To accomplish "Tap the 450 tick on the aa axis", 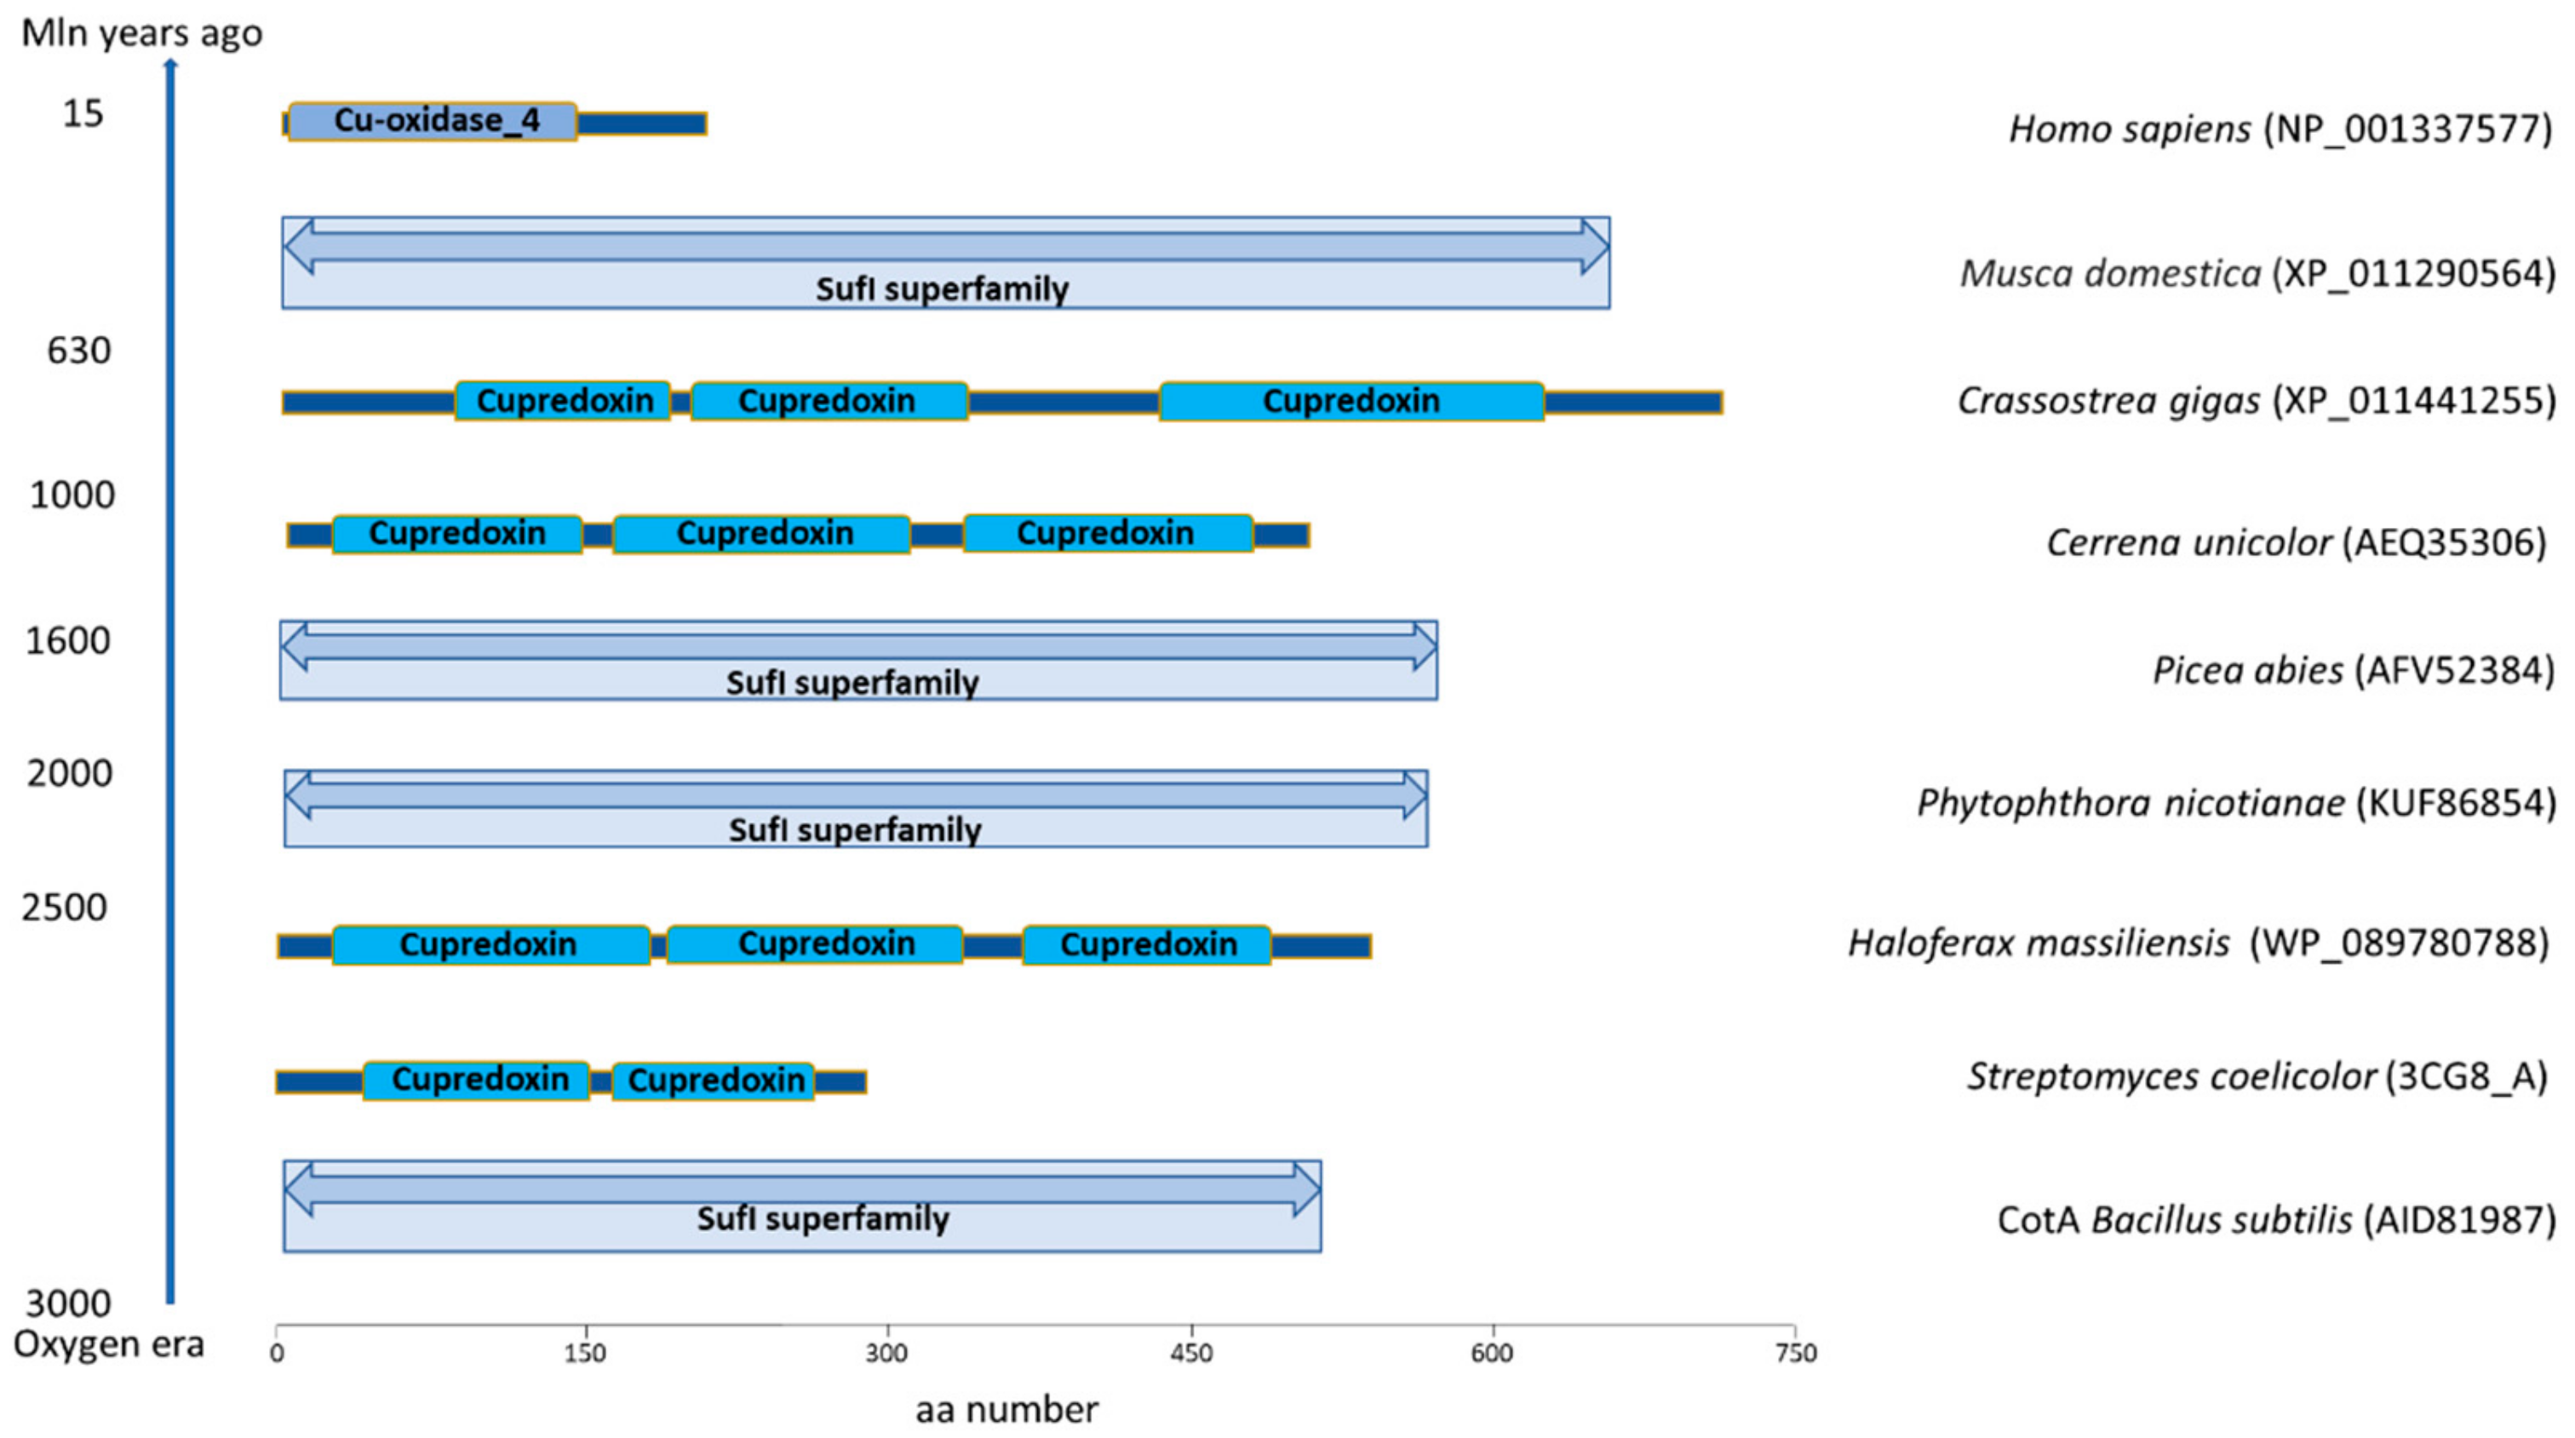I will tap(1191, 1353).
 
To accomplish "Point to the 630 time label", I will tap(79, 351).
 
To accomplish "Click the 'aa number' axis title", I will tap(1006, 1410).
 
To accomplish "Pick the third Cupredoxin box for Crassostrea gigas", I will tap(1351, 401).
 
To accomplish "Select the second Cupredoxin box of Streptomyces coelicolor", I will tap(714, 1080).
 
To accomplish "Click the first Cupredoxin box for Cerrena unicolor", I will tap(456, 534).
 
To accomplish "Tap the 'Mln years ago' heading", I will tap(141, 33).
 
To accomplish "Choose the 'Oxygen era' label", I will tap(108, 1344).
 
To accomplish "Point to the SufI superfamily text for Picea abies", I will tap(852, 683).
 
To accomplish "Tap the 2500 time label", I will tap(65, 908).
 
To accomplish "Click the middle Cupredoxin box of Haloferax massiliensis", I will tap(826, 943).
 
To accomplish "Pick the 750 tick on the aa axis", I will tap(1795, 1353).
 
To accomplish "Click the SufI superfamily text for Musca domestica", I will tap(942, 289).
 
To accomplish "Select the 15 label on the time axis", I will tap(83, 114).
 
